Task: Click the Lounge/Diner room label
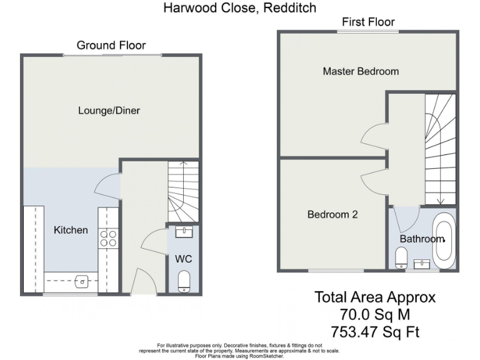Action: (x=109, y=111)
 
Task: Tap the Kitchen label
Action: (x=71, y=230)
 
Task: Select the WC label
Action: (x=182, y=258)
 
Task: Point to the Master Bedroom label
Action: (x=361, y=71)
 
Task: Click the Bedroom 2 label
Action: (x=332, y=214)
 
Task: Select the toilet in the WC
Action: (x=184, y=281)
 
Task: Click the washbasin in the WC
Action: (x=184, y=232)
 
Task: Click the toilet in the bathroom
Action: (x=402, y=256)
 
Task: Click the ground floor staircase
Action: (x=183, y=191)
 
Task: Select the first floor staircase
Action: (x=440, y=150)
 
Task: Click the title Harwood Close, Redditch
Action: (x=240, y=8)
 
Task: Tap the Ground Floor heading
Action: (x=111, y=45)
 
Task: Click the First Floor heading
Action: (x=368, y=22)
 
